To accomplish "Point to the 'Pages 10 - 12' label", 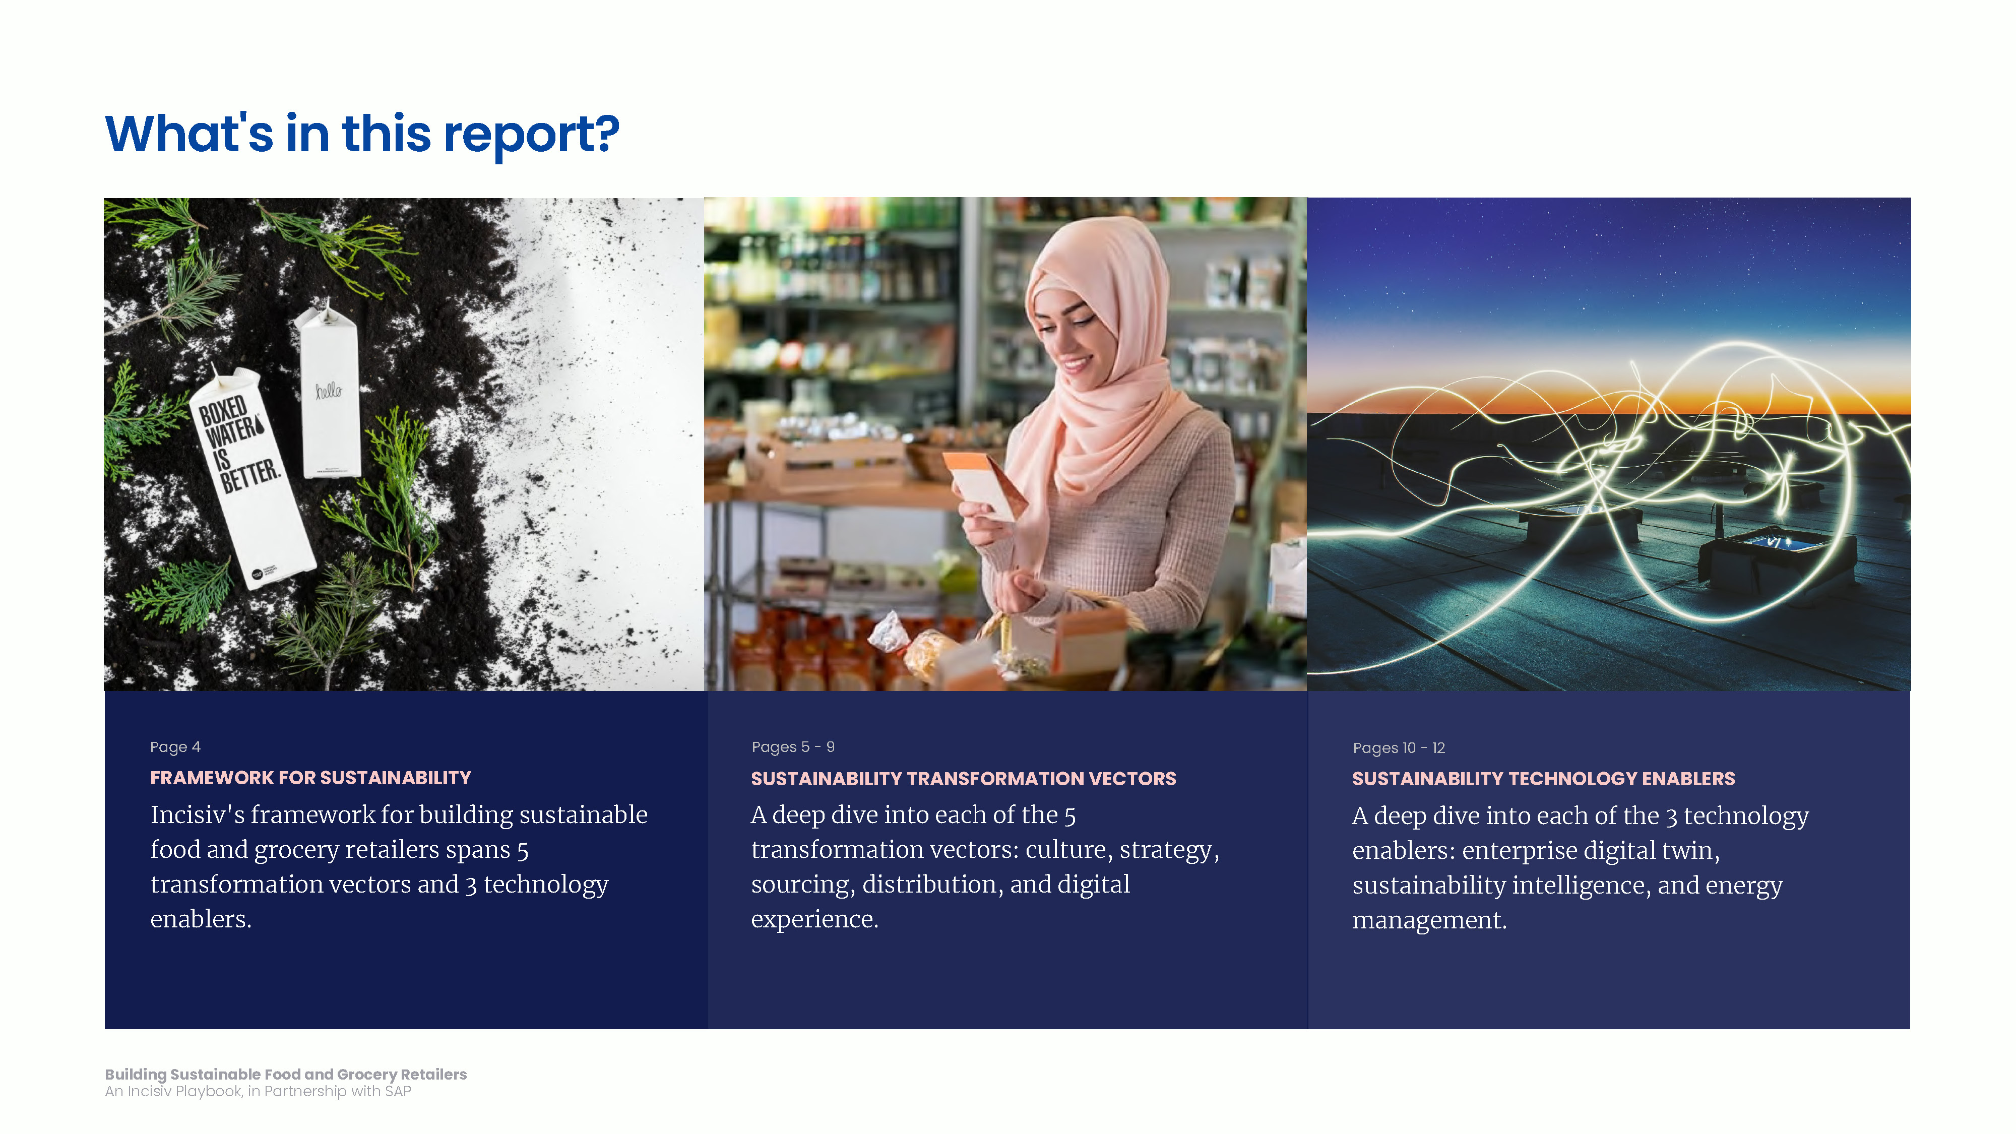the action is coord(1399,748).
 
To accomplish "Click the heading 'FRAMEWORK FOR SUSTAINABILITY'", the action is coord(310,778).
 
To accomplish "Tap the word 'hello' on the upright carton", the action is coord(328,390).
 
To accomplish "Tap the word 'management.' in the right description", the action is coord(1429,920).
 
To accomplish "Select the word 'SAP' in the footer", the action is coord(398,1092).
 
